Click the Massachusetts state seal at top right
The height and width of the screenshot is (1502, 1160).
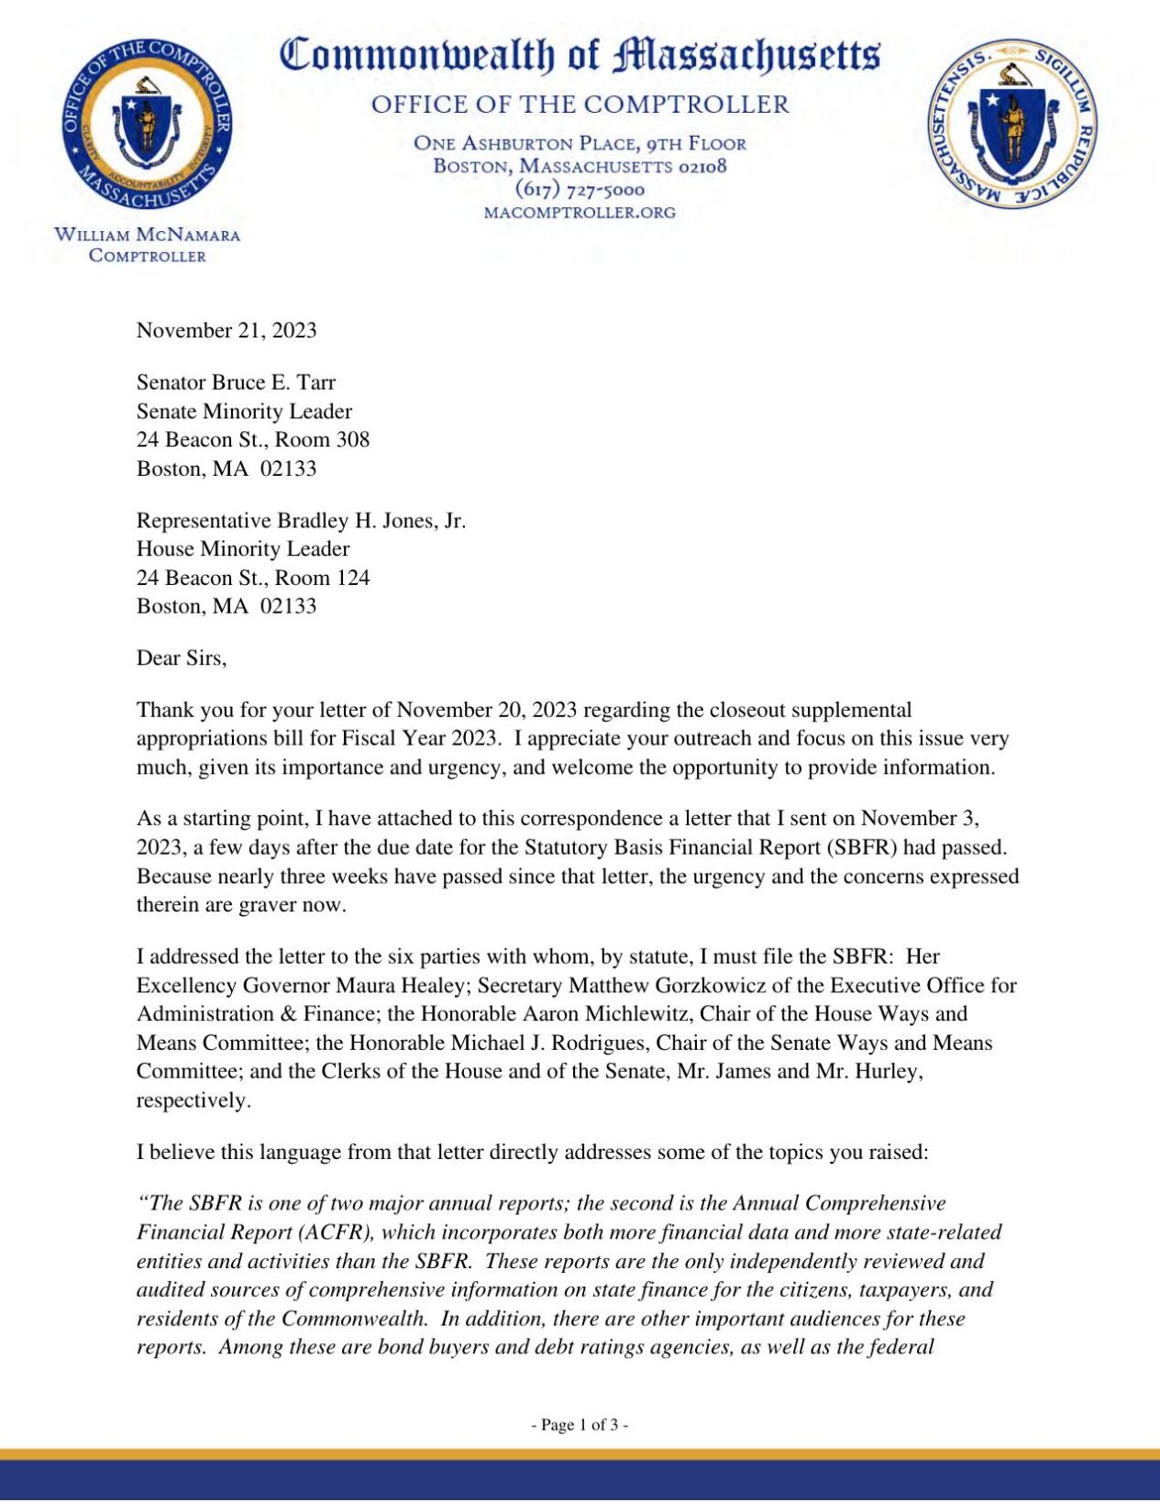point(1012,123)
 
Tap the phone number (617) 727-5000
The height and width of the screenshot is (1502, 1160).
point(580,190)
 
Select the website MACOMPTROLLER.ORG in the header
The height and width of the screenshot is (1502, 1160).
point(580,213)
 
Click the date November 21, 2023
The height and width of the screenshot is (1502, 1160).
point(226,330)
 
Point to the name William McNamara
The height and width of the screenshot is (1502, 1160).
point(147,235)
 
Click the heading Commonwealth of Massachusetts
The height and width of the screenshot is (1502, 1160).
point(580,55)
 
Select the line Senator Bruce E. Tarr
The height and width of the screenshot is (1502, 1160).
point(236,382)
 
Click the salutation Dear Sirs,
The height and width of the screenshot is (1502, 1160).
point(181,657)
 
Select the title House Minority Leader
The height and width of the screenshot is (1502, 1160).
point(243,549)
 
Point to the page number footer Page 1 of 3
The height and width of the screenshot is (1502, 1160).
point(580,1424)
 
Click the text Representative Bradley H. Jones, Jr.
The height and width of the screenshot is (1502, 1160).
point(301,521)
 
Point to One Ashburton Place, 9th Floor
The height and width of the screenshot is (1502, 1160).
point(580,143)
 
